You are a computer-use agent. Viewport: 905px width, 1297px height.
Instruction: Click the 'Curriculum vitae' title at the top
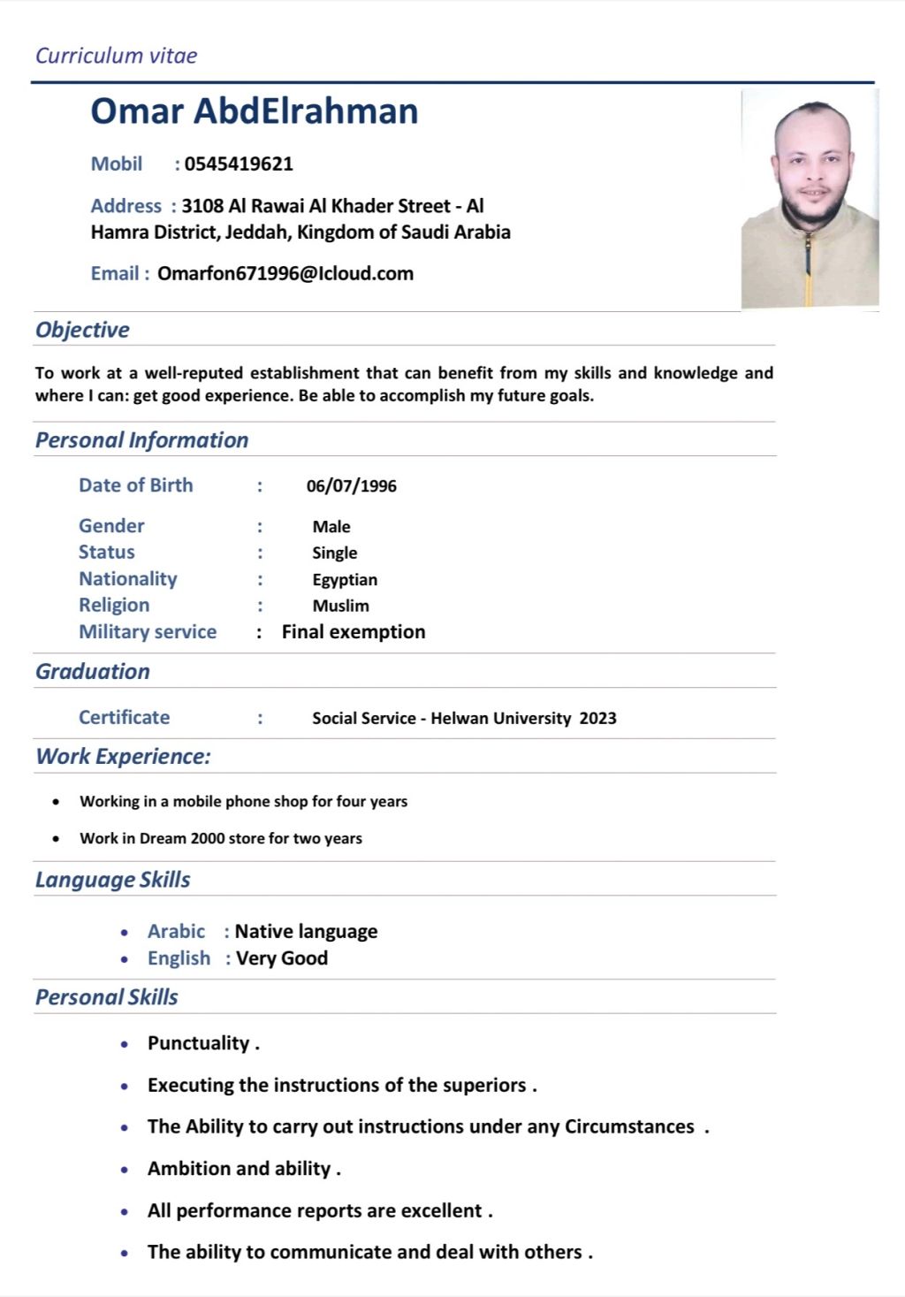(x=116, y=56)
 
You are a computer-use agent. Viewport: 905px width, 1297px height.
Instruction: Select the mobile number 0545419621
(x=239, y=164)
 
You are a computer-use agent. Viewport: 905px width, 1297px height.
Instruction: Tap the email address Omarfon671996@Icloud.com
(x=285, y=273)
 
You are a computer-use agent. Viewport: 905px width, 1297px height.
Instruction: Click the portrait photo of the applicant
(x=809, y=199)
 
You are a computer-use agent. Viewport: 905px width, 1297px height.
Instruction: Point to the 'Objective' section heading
(x=82, y=330)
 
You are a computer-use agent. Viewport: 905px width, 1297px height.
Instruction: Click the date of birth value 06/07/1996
(x=351, y=485)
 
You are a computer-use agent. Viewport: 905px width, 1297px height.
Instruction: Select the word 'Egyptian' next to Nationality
(x=345, y=580)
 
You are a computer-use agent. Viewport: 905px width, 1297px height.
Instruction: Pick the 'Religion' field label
(x=114, y=606)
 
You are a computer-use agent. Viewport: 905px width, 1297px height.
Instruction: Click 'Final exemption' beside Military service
(x=354, y=632)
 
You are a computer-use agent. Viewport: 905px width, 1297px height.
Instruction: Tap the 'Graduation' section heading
(x=93, y=672)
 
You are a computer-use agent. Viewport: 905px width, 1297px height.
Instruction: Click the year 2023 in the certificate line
(x=597, y=719)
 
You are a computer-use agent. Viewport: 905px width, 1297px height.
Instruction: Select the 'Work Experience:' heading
(x=123, y=757)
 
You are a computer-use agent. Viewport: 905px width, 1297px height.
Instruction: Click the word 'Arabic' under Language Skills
(x=176, y=932)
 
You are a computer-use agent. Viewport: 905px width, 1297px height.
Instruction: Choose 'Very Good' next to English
(x=282, y=958)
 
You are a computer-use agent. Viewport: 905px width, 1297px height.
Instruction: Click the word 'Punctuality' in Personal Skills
(x=198, y=1043)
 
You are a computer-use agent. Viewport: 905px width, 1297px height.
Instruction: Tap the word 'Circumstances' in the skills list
(x=629, y=1127)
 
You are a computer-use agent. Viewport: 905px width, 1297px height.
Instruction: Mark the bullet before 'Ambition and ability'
(x=125, y=1170)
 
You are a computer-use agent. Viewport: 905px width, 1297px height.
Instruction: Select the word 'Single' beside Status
(x=334, y=553)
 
